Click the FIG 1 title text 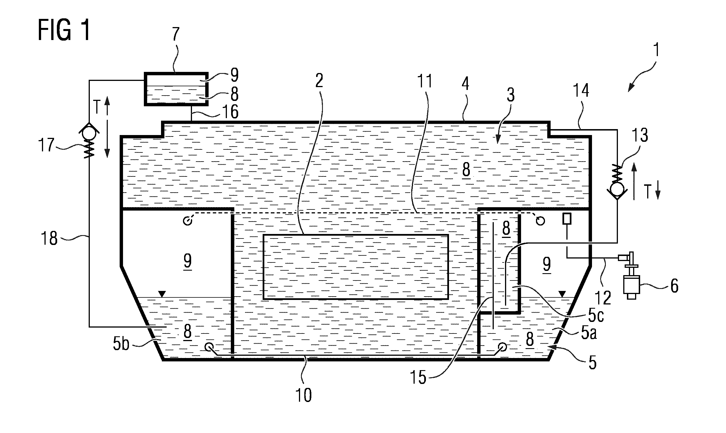click(x=64, y=30)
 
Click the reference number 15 click(x=418, y=377)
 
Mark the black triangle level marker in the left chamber click(x=162, y=294)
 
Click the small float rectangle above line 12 click(x=567, y=218)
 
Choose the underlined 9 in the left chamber click(x=187, y=261)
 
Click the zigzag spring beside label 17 click(x=90, y=149)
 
